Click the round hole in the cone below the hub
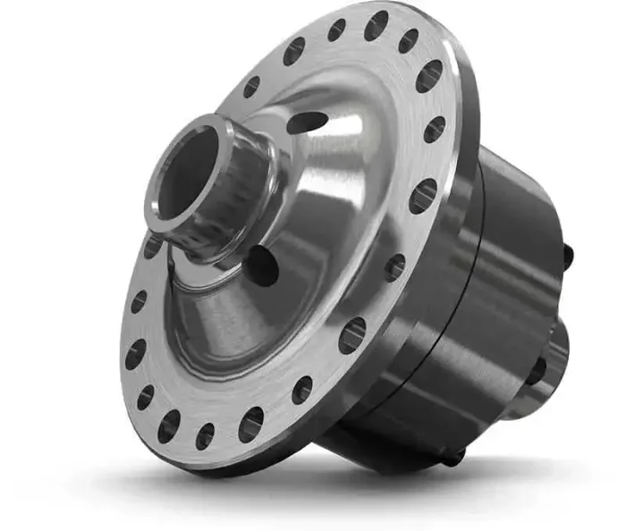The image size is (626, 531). (262, 265)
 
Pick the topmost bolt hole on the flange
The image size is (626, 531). (376, 24)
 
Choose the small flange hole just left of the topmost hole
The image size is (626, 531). (336, 30)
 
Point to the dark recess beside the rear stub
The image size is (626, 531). (536, 371)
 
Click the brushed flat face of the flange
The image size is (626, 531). (224, 393)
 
